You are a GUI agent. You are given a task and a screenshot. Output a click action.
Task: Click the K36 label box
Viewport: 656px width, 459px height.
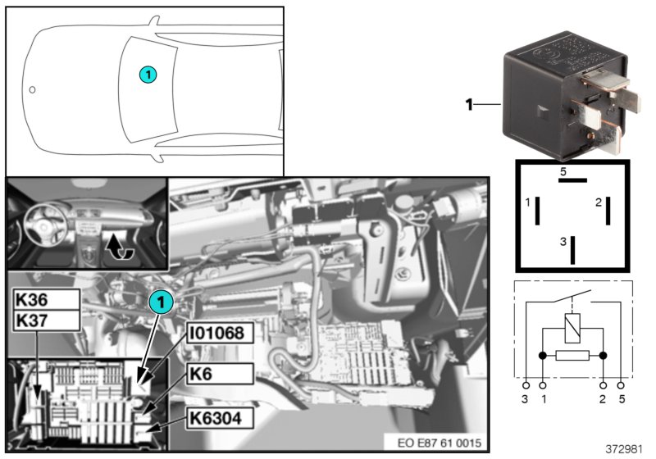click(46, 299)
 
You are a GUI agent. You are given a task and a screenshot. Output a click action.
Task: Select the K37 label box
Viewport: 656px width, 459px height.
click(46, 320)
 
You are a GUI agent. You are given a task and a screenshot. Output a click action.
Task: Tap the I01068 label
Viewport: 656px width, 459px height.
click(220, 333)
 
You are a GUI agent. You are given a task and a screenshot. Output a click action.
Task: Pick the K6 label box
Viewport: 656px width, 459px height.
click(220, 374)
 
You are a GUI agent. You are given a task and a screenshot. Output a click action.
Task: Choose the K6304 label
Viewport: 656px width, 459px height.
click(220, 418)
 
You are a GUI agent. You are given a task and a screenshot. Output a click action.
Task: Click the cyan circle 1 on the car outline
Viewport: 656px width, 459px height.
click(148, 75)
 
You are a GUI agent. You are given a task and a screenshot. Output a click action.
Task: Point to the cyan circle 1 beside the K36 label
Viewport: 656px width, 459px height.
click(161, 302)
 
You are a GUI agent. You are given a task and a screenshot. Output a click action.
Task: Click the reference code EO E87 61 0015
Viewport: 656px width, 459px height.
click(440, 443)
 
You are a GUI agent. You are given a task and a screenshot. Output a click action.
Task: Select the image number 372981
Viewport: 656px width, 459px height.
click(623, 449)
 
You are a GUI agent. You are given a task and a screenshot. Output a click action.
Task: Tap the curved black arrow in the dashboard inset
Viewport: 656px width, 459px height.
click(118, 246)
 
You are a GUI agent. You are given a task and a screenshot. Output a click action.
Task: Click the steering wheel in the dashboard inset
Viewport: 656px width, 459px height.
click(43, 223)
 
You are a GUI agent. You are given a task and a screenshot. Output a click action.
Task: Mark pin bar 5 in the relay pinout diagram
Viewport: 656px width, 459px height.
click(572, 180)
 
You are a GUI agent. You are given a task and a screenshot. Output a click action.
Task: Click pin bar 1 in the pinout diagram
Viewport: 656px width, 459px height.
click(538, 211)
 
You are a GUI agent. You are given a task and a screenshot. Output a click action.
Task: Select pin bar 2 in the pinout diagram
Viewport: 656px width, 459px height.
click(608, 211)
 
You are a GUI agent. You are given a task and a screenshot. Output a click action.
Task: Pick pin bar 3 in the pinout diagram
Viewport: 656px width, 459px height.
click(572, 250)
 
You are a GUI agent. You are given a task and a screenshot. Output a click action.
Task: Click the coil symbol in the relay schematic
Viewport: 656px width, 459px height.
click(572, 328)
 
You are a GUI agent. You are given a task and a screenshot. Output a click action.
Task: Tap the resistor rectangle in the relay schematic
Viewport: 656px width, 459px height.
click(572, 356)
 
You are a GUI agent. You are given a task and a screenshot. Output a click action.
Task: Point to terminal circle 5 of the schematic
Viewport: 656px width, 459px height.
click(621, 385)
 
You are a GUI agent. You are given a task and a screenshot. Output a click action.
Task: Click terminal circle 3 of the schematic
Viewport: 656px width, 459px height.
click(526, 385)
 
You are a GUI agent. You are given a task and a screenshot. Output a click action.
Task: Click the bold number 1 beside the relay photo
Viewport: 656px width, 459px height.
click(469, 104)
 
